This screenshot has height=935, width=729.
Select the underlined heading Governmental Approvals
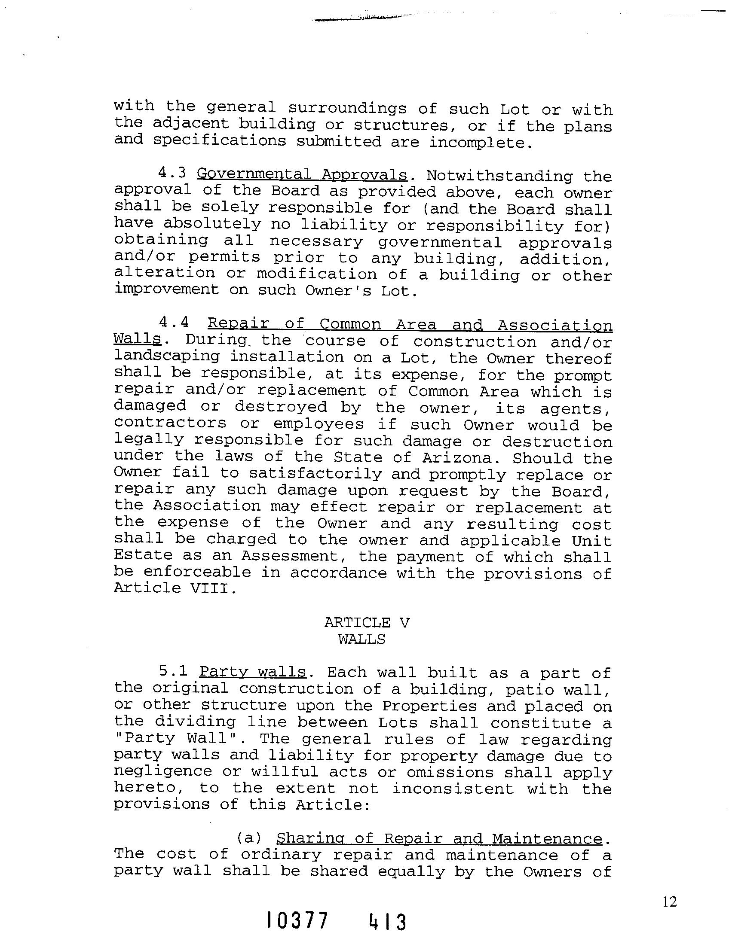(x=302, y=175)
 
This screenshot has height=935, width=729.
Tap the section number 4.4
(x=174, y=322)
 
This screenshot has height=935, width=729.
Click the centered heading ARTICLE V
(x=367, y=623)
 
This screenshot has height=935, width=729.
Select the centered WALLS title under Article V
(x=362, y=640)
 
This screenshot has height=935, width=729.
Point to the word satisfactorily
(x=315, y=474)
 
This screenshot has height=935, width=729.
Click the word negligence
(x=163, y=771)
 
